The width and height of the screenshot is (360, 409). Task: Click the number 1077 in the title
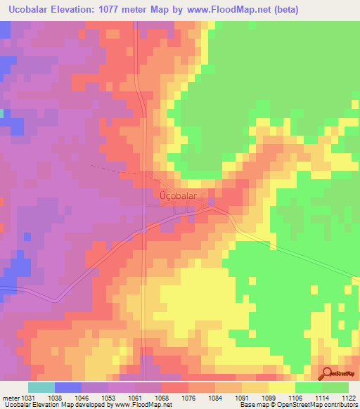click(x=130, y=9)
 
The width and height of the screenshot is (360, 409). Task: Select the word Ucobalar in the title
click(x=29, y=9)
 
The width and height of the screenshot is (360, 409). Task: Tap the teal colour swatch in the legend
click(x=41, y=387)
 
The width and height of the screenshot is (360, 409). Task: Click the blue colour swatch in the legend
click(x=68, y=387)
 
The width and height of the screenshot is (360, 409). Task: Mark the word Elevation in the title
click(x=77, y=9)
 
